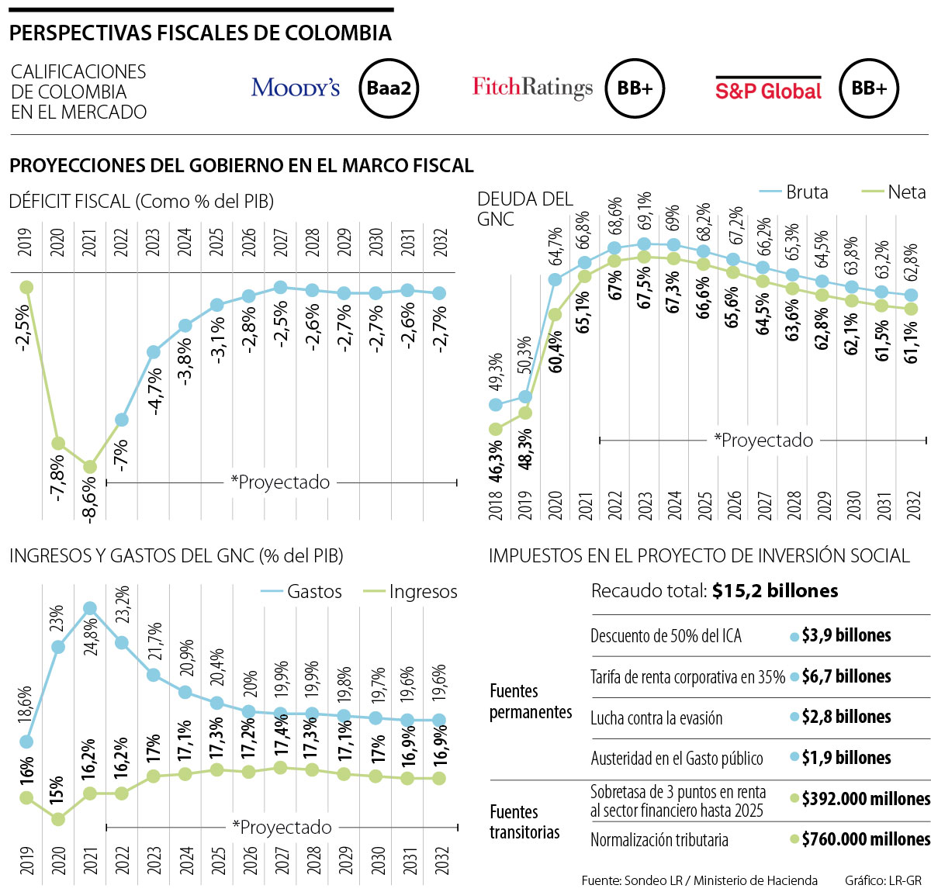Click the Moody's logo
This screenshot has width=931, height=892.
[x=296, y=88]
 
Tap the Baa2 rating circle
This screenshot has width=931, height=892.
[x=389, y=88]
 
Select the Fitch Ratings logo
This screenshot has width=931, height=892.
[x=532, y=88]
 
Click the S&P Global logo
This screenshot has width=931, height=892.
[x=767, y=90]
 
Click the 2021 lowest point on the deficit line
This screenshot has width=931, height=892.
[x=90, y=467]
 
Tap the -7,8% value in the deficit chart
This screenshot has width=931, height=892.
[x=57, y=477]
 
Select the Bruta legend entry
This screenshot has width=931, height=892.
[x=794, y=192]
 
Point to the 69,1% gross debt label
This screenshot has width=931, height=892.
[x=644, y=211]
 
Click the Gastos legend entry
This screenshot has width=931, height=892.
[x=303, y=591]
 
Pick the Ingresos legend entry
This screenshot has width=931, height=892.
[x=411, y=591]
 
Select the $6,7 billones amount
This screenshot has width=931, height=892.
[x=846, y=676]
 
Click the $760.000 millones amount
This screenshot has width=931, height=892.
[x=865, y=839]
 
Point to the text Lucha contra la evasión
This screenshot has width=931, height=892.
[x=656, y=717]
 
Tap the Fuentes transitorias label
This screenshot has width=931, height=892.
[x=524, y=822]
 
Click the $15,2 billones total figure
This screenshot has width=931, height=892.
[x=774, y=591]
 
